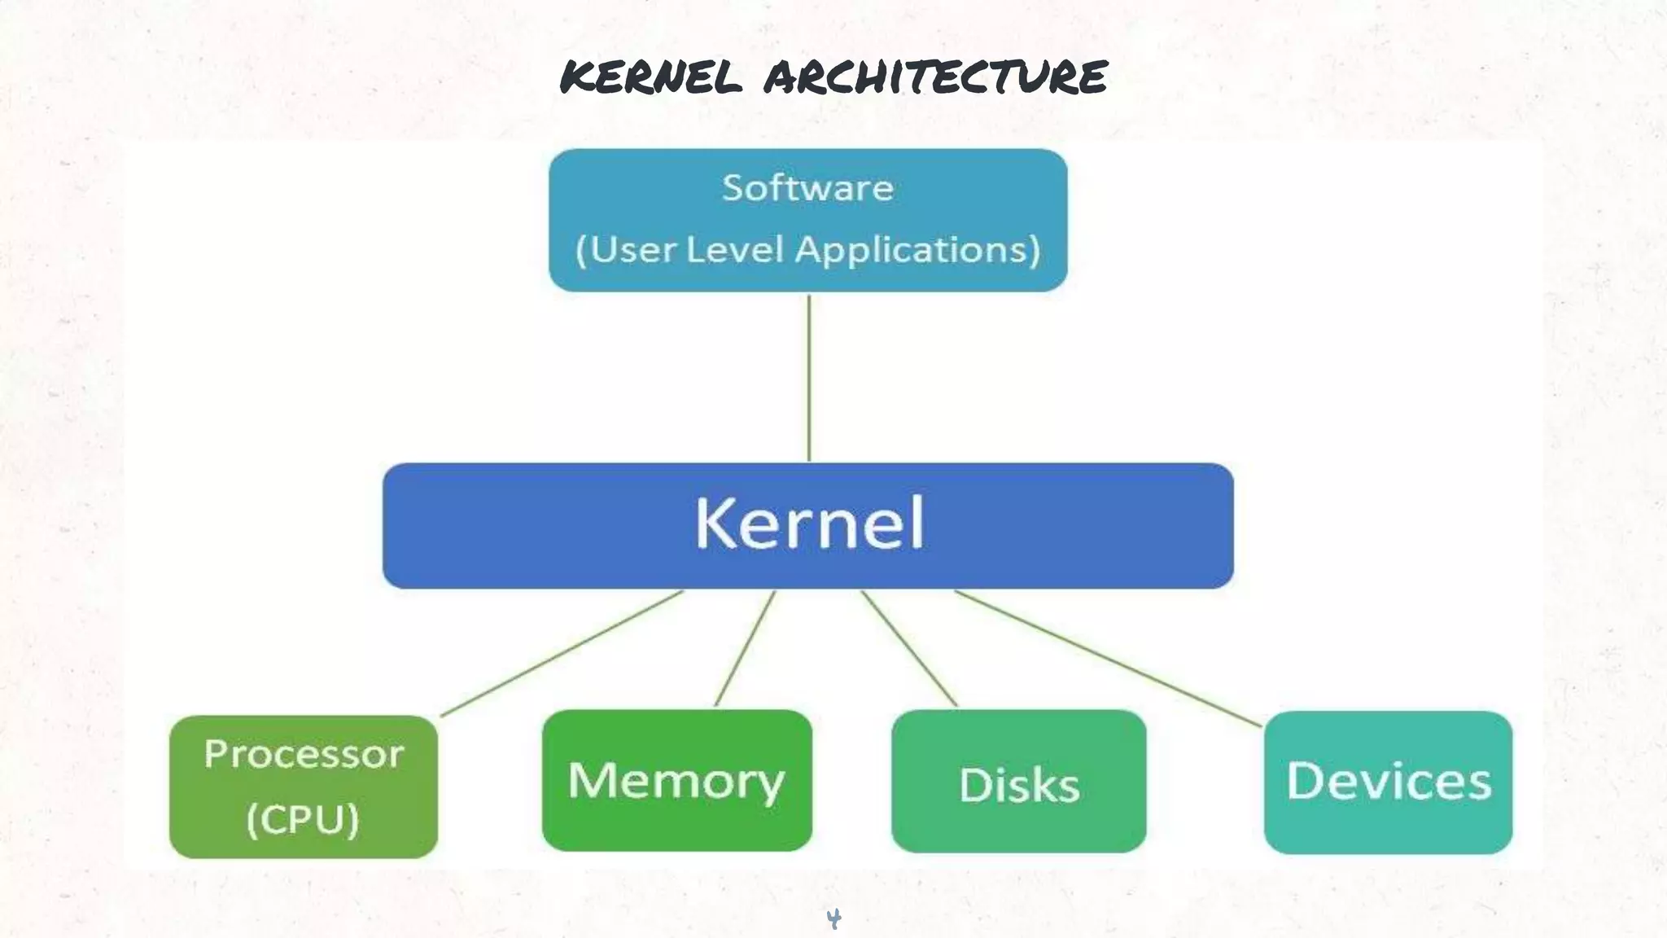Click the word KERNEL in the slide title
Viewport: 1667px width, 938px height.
651,77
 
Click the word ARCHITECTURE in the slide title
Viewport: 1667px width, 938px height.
936,77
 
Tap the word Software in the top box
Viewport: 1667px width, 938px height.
807,188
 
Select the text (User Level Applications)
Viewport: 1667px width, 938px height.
807,249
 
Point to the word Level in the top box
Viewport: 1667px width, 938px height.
734,249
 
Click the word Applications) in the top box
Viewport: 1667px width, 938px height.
918,249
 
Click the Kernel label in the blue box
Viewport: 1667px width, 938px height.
809,523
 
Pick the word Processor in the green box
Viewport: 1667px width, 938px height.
304,754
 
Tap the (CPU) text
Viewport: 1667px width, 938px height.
303,819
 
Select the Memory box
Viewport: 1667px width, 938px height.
676,780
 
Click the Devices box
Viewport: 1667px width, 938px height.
1388,782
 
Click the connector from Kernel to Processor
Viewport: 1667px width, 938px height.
562,654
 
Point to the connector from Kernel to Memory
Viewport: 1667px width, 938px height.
745,648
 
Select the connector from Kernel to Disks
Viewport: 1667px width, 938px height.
909,648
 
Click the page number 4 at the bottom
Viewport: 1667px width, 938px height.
833,918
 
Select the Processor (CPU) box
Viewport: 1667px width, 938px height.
304,787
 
